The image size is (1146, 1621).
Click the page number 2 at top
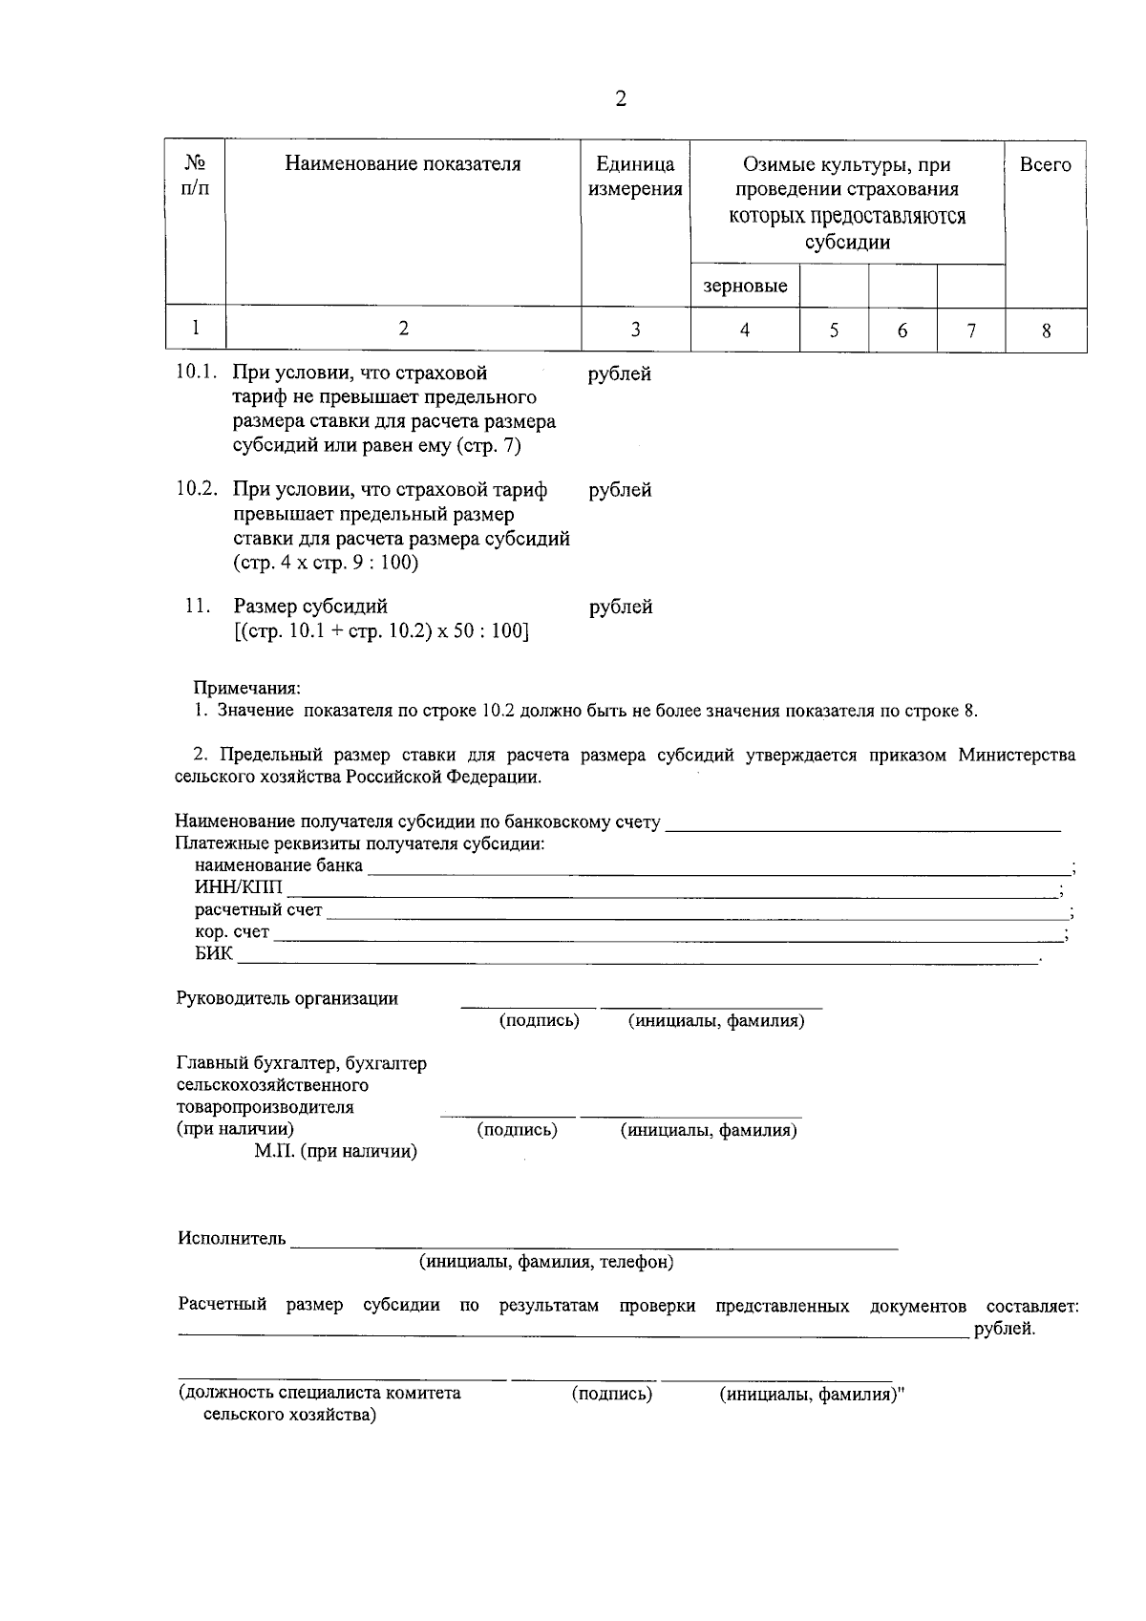click(x=621, y=99)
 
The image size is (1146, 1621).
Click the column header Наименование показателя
click(x=403, y=164)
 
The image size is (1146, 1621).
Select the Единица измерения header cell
click(x=635, y=177)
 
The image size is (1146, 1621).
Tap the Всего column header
click(x=1045, y=164)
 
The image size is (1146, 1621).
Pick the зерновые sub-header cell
click(x=745, y=286)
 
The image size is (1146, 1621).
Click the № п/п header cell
click(x=195, y=176)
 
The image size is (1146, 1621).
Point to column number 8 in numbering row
click(x=1046, y=331)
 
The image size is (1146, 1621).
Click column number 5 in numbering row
click(x=834, y=331)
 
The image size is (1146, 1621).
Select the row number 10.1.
click(x=198, y=373)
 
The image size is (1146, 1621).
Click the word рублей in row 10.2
click(x=621, y=490)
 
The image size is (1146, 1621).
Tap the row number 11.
click(x=198, y=606)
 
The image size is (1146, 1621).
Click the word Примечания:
click(x=247, y=688)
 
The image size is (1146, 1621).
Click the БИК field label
click(x=214, y=953)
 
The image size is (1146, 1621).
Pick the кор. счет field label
click(x=232, y=931)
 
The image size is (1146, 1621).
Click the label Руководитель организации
click(x=287, y=998)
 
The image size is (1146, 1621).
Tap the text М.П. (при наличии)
click(x=335, y=1152)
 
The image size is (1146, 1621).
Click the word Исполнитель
click(x=231, y=1238)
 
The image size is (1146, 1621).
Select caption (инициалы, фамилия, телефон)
click(x=546, y=1263)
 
